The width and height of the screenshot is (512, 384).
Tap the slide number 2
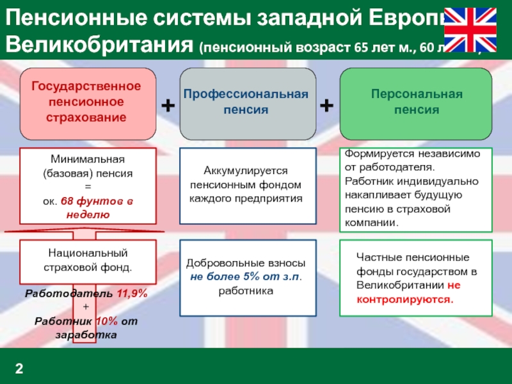click(x=19, y=368)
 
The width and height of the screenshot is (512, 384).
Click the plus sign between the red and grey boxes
click(x=167, y=105)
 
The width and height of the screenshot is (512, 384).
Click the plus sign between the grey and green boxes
click(x=326, y=105)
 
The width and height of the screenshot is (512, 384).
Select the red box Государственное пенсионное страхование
click(x=86, y=102)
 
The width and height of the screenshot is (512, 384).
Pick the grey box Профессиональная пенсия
click(x=246, y=102)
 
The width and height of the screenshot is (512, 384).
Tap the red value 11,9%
click(x=132, y=294)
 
